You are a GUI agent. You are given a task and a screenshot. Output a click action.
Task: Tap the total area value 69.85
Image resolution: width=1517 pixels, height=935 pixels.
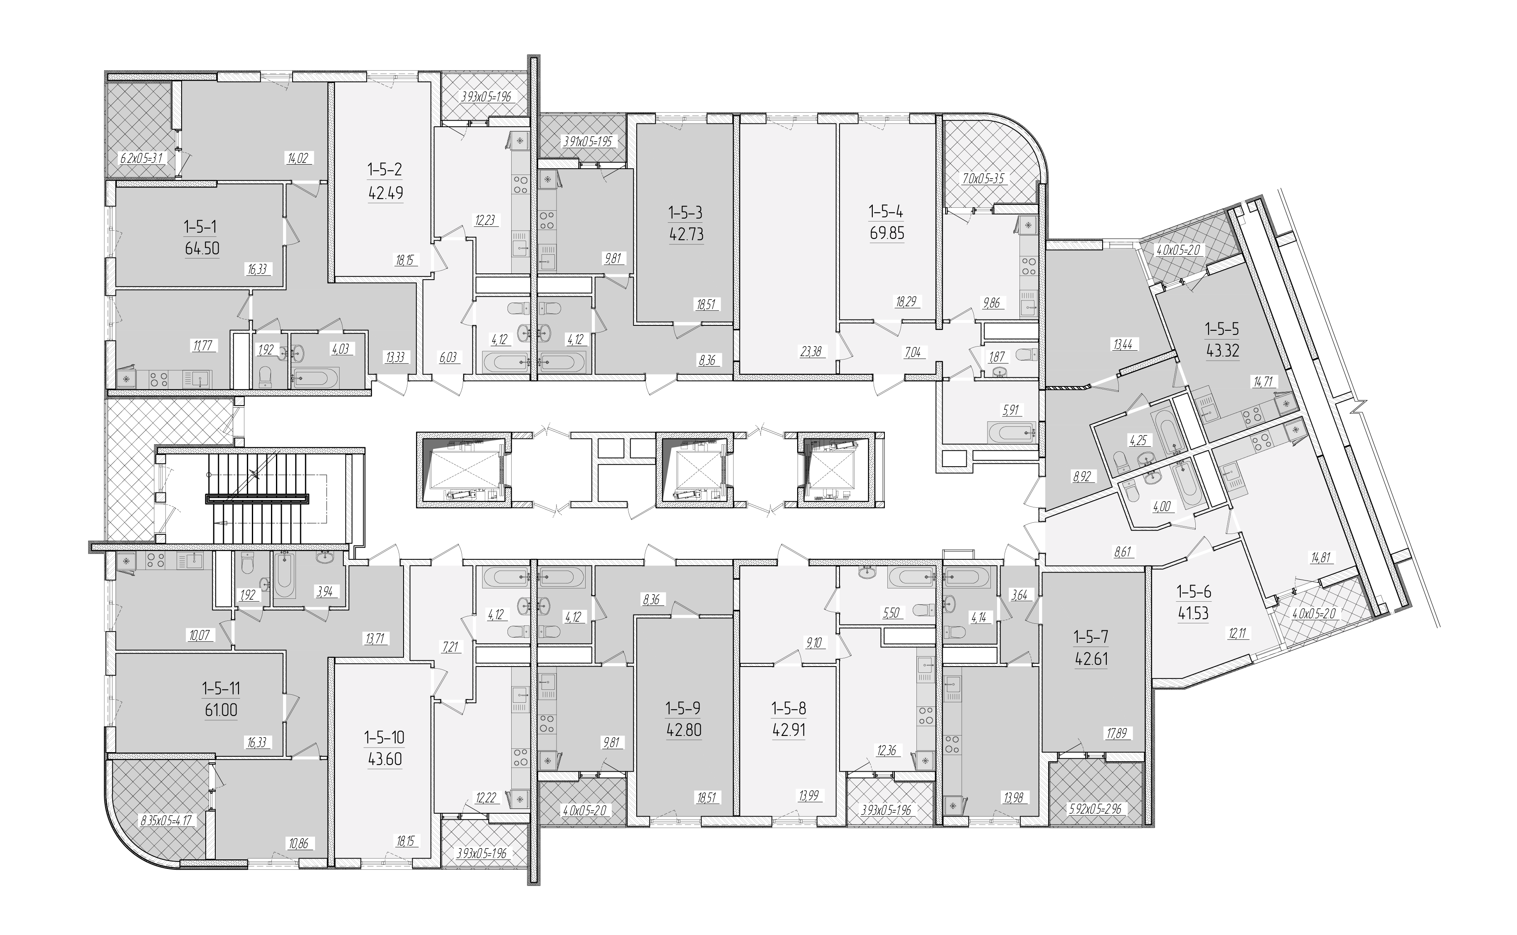[887, 234]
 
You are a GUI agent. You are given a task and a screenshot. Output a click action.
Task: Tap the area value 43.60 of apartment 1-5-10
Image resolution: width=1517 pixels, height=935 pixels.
[385, 759]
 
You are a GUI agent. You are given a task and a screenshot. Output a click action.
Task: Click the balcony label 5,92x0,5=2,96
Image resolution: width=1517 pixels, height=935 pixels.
[1095, 808]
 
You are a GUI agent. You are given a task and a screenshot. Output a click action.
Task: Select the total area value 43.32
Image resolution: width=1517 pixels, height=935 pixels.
[1221, 351]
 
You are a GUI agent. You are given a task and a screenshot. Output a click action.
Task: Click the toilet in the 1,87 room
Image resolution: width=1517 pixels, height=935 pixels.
[1026, 355]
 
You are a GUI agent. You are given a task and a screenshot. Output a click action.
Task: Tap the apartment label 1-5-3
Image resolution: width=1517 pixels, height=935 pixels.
[686, 213]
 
